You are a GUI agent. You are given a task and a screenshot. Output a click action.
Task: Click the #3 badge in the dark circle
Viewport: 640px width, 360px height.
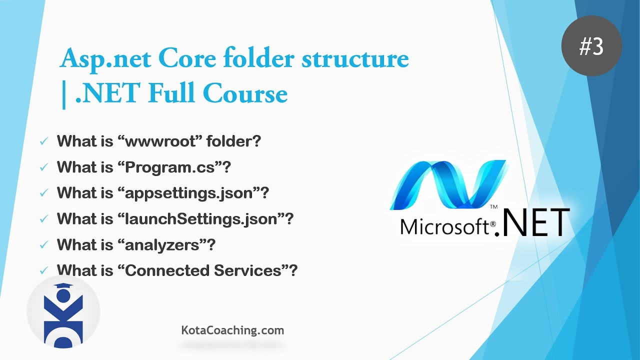coord(592,46)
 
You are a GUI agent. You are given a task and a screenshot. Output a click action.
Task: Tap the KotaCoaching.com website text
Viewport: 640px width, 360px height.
coord(232,330)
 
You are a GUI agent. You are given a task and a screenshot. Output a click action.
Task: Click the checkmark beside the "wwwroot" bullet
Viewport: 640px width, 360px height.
coord(44,141)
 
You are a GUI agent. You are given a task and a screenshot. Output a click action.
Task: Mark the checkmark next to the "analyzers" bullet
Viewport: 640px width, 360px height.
coord(44,245)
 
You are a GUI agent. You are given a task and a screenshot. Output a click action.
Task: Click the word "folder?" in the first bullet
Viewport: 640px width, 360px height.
coord(234,141)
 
